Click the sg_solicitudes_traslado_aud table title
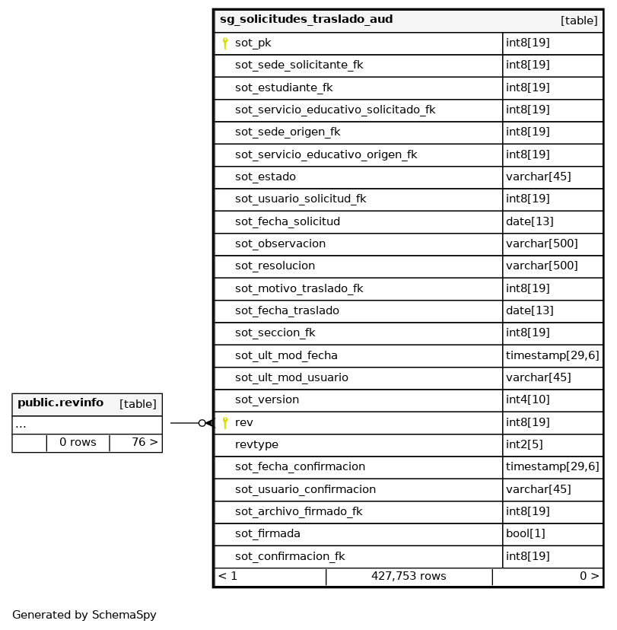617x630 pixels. point(306,20)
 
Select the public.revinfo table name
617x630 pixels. point(60,403)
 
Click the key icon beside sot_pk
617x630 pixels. point(225,43)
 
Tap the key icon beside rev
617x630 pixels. point(225,423)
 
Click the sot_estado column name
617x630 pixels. point(265,177)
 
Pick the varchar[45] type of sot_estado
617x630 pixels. point(538,177)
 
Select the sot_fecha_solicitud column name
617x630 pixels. point(287,221)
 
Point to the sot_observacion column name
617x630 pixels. point(280,244)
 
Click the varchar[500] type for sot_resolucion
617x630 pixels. point(542,266)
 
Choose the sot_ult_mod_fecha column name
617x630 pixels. point(286,355)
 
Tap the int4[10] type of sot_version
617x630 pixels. point(527,400)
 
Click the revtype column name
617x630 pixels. point(256,444)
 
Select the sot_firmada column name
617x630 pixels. point(267,534)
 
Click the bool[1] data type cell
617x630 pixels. point(525,534)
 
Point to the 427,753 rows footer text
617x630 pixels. point(409,577)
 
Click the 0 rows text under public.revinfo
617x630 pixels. point(78,443)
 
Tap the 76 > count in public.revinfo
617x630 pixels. point(145,443)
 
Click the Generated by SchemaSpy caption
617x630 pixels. point(84,616)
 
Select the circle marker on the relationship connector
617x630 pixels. point(202,423)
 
